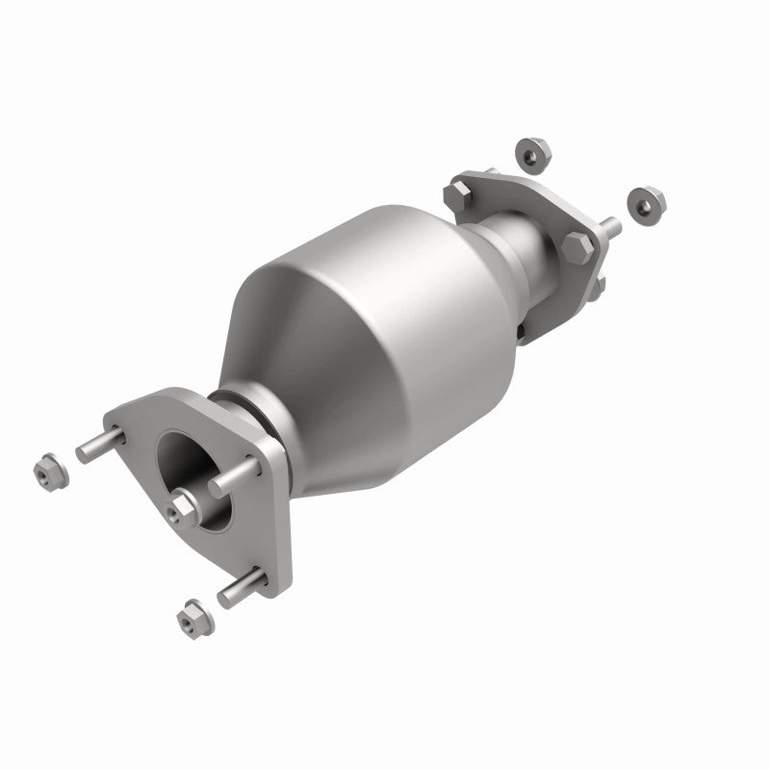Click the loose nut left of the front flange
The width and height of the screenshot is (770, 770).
45,472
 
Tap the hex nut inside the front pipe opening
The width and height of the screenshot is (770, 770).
182,503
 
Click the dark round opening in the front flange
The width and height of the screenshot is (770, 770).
188,472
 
